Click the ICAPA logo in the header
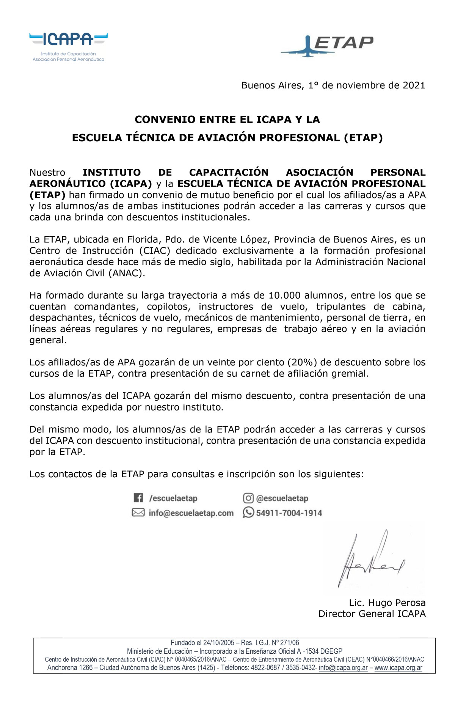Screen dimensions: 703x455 pos(68,46)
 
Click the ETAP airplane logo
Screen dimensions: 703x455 pos(327,45)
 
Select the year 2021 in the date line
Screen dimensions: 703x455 pos(414,85)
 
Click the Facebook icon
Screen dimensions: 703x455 pos(138,498)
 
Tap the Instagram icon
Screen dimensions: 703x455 pos(248,498)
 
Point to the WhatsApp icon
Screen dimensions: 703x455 pos(248,513)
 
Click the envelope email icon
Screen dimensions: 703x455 pos(138,513)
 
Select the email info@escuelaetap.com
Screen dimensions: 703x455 pos(191,513)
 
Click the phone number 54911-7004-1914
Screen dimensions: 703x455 pos(289,513)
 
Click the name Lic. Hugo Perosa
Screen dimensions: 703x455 pos(387,602)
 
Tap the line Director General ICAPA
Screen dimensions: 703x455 pos(372,613)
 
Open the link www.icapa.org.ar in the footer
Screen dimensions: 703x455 pos(398,667)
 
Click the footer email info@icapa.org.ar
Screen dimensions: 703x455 pos(343,667)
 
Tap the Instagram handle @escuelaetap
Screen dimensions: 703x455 pos(282,498)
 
